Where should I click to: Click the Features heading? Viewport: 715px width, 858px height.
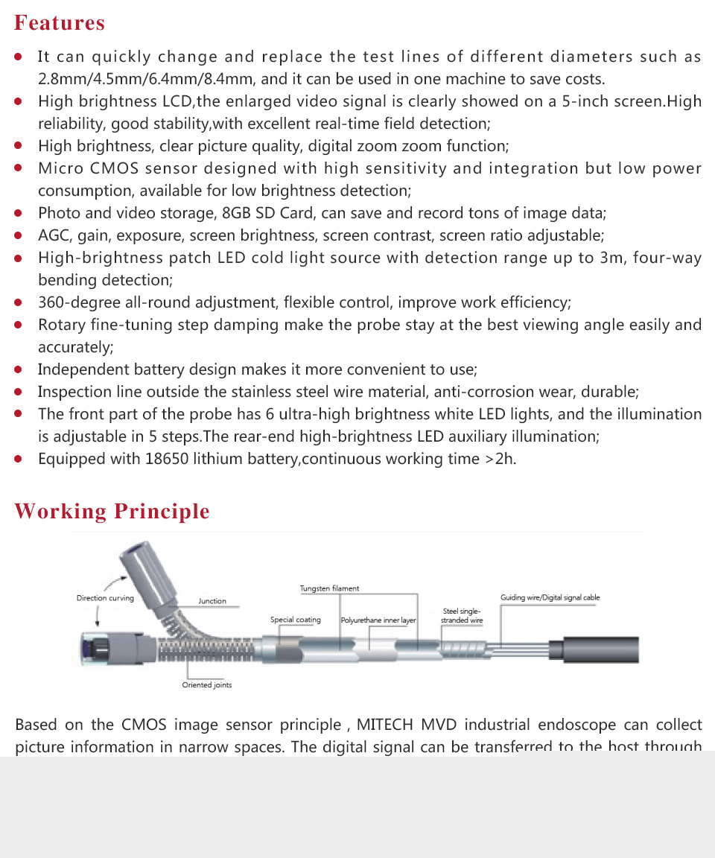[x=60, y=23]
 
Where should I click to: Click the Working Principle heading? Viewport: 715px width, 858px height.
[x=112, y=512]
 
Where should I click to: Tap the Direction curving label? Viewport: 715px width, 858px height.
[x=105, y=598]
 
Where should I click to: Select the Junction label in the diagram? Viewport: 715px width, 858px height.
[x=212, y=601]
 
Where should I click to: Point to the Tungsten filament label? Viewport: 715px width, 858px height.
[x=329, y=588]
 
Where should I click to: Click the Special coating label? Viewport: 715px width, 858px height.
[x=296, y=620]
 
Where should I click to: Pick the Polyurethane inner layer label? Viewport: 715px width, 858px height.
[x=378, y=620]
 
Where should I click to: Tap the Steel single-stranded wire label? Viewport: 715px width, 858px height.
[x=462, y=616]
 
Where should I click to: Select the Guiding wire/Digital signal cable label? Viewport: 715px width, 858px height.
[x=550, y=597]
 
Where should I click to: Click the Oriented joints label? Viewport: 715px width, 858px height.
[x=207, y=685]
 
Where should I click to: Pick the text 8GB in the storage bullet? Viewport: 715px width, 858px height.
[x=237, y=213]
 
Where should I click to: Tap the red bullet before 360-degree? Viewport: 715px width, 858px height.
[x=19, y=303]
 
